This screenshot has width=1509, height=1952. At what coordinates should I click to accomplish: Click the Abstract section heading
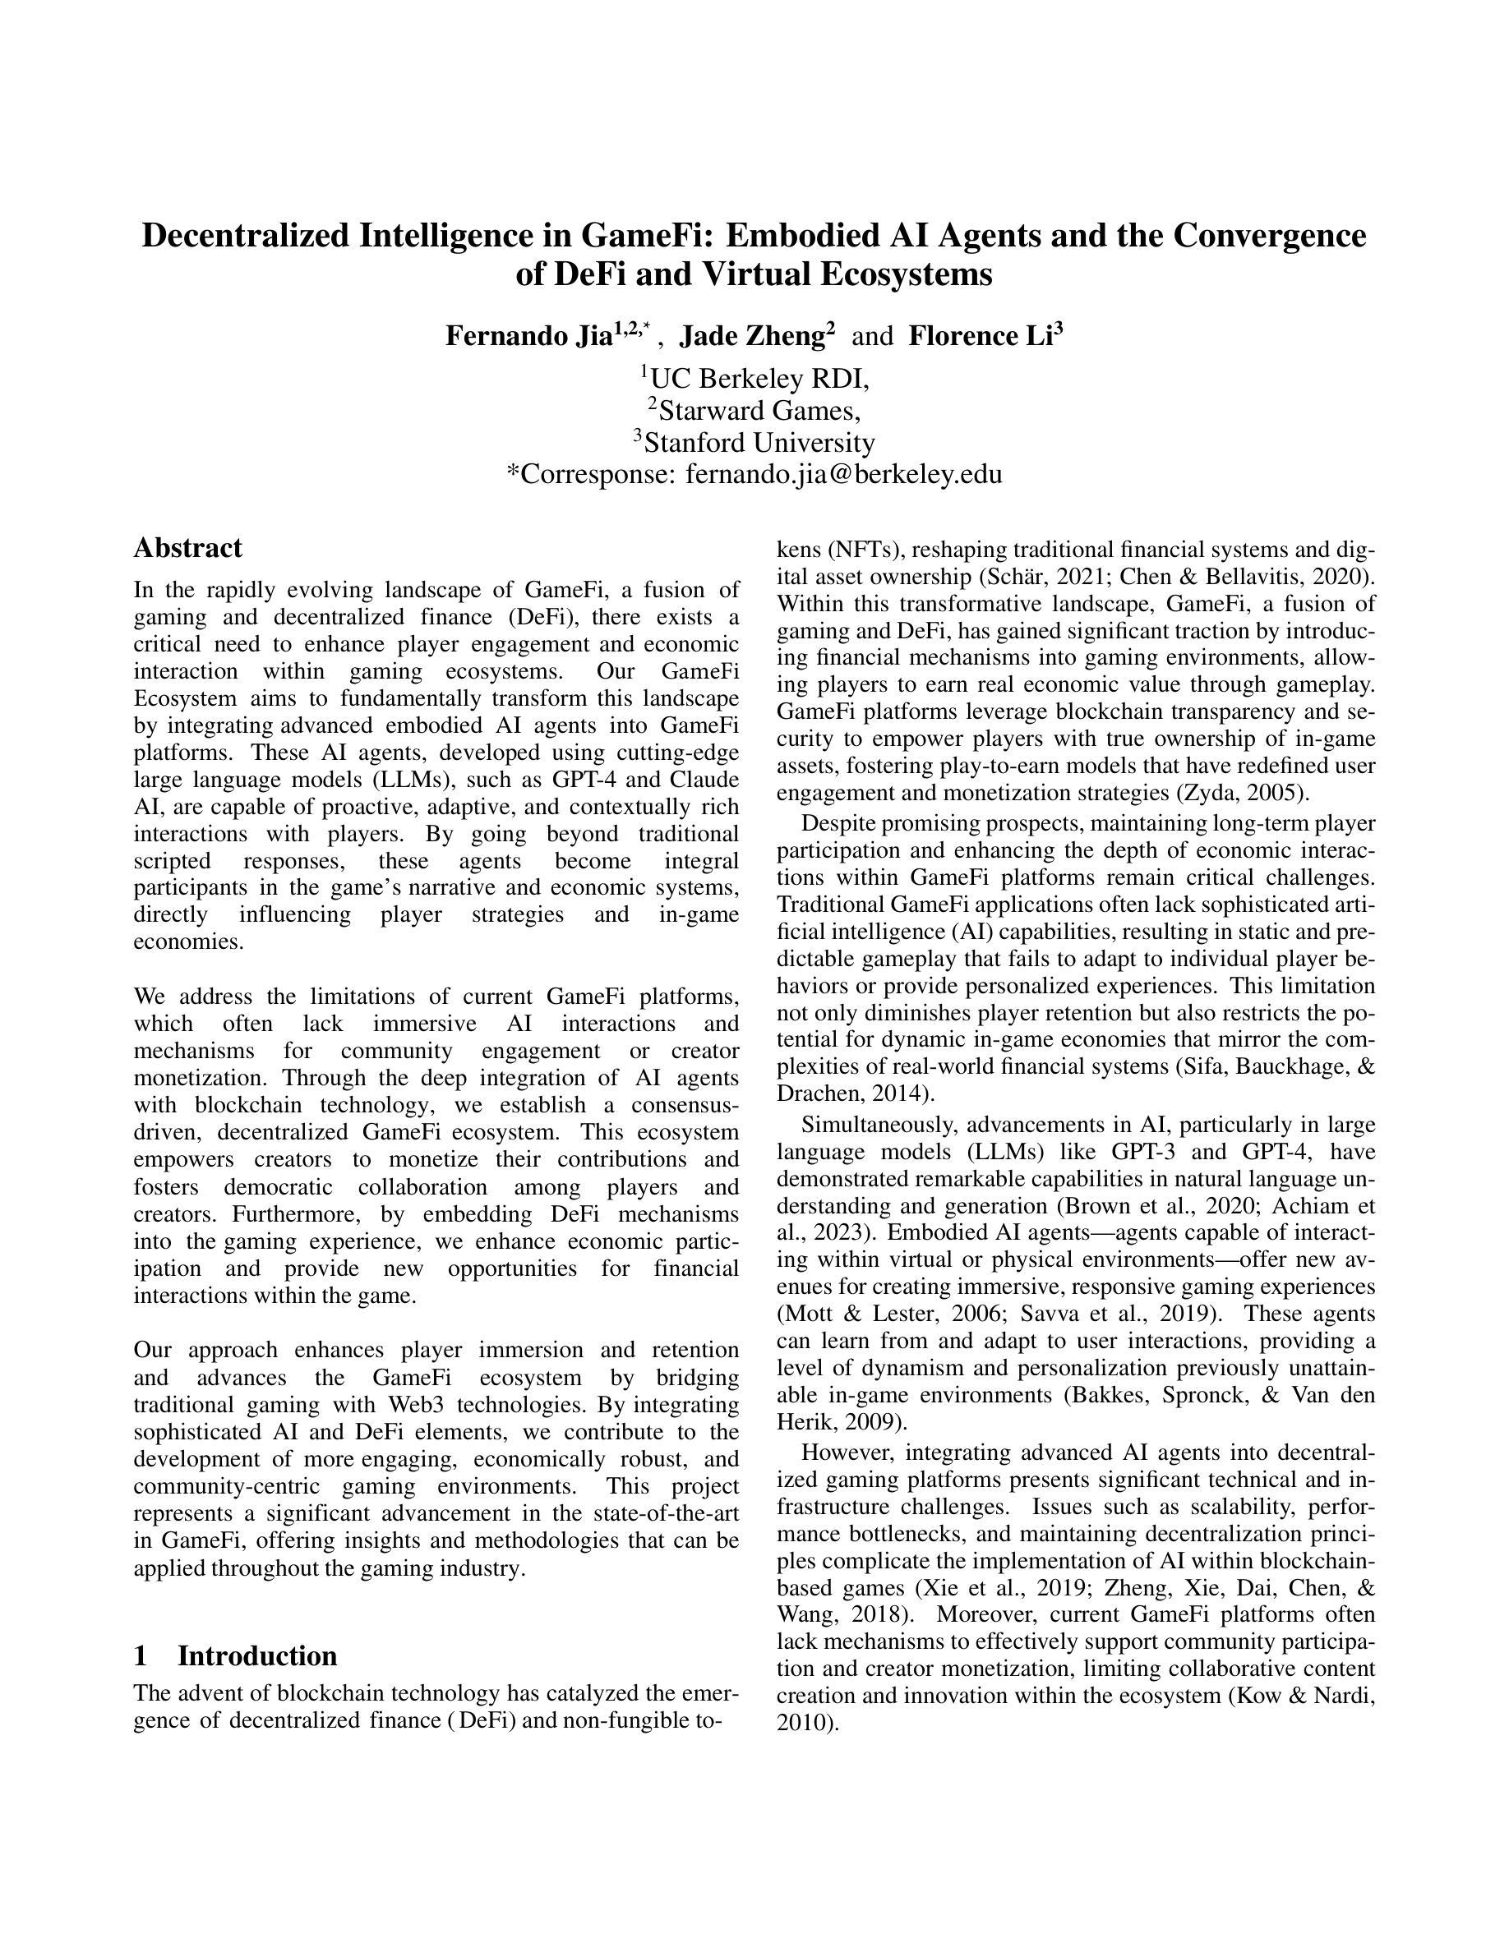coord(187,548)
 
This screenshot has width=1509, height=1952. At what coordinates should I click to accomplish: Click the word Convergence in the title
coord(1270,236)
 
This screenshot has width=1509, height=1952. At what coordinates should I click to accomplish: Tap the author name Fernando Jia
coord(528,336)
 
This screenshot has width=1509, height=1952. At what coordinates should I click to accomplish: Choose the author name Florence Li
coord(980,336)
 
